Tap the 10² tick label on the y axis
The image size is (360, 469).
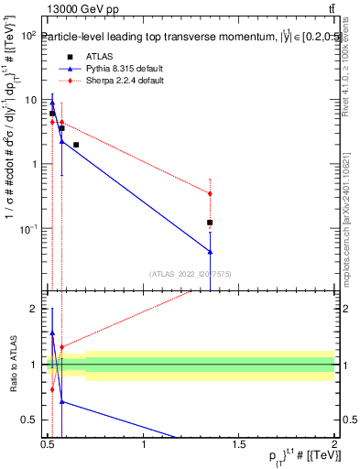click(28, 36)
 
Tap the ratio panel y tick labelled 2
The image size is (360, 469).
click(33, 309)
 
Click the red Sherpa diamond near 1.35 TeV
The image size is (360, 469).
click(211, 193)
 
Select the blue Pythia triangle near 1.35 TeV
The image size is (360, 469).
click(211, 251)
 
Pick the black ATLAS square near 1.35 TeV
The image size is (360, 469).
click(211, 223)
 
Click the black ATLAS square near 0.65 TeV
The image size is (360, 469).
click(76, 145)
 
